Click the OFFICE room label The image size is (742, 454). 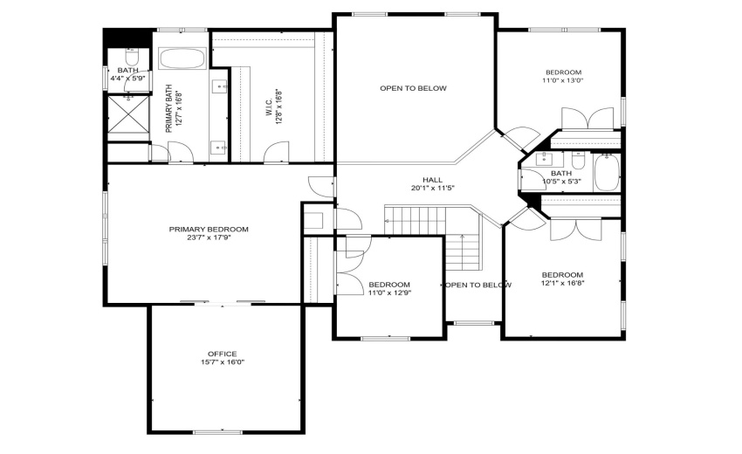[222, 354]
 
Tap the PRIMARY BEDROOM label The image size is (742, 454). [209, 229]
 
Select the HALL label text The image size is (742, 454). [432, 180]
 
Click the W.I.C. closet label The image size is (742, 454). [268, 107]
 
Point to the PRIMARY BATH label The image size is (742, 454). [168, 108]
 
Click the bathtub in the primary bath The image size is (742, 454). [182, 58]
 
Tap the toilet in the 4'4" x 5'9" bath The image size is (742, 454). [131, 57]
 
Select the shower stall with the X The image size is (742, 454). [128, 114]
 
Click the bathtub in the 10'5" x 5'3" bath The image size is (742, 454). [607, 172]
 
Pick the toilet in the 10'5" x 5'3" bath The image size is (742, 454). [578, 160]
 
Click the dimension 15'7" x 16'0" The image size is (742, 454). [222, 362]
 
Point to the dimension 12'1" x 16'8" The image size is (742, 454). [563, 283]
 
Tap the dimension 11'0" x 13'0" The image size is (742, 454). [563, 80]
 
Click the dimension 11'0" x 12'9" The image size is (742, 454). [389, 292]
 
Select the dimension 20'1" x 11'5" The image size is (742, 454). [432, 188]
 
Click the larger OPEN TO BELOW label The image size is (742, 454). [413, 88]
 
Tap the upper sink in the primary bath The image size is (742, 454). [220, 86]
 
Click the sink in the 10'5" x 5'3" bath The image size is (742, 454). [545, 160]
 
